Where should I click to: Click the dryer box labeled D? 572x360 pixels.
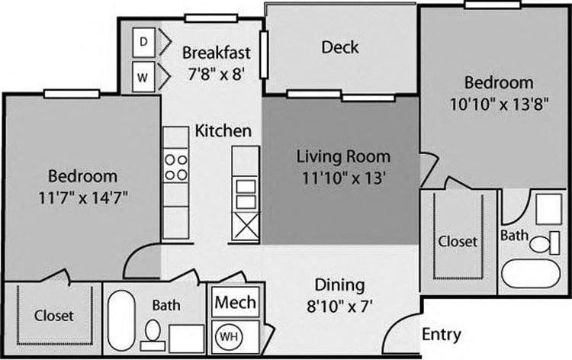coord(144,43)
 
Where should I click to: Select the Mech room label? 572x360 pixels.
coord(235,302)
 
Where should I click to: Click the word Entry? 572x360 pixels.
coord(442,335)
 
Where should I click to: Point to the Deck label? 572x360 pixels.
coord(339,47)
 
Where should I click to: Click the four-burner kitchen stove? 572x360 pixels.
coord(176,167)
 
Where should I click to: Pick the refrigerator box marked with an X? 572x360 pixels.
coord(246,227)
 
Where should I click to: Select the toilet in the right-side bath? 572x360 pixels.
coord(539,245)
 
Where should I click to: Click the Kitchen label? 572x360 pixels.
coord(223,131)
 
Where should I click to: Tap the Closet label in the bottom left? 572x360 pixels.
coord(53,314)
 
